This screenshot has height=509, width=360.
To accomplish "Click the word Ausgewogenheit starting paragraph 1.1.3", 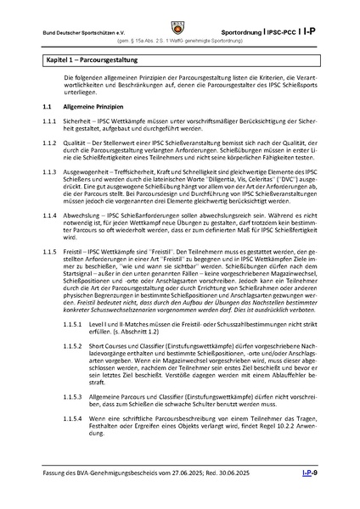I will (87, 172).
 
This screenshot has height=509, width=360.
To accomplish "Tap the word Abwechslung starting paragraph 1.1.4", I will (83, 215).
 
